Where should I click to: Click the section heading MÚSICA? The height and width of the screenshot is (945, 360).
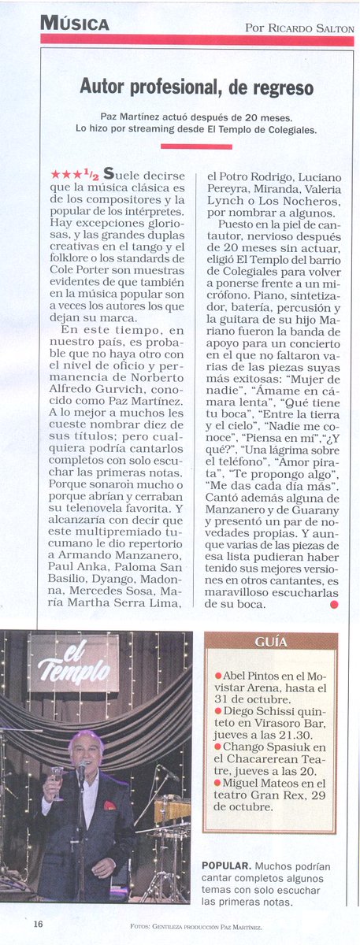click(75, 24)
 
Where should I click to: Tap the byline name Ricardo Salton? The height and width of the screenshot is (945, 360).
click(309, 28)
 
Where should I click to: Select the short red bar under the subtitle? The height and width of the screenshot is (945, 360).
click(196, 146)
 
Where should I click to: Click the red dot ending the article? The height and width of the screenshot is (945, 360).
click(334, 604)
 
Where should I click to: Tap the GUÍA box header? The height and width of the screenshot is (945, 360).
click(270, 642)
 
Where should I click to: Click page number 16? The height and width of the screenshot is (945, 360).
click(38, 925)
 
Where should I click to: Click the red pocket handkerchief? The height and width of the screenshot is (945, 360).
click(109, 805)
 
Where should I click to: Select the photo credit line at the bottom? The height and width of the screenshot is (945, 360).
click(196, 927)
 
